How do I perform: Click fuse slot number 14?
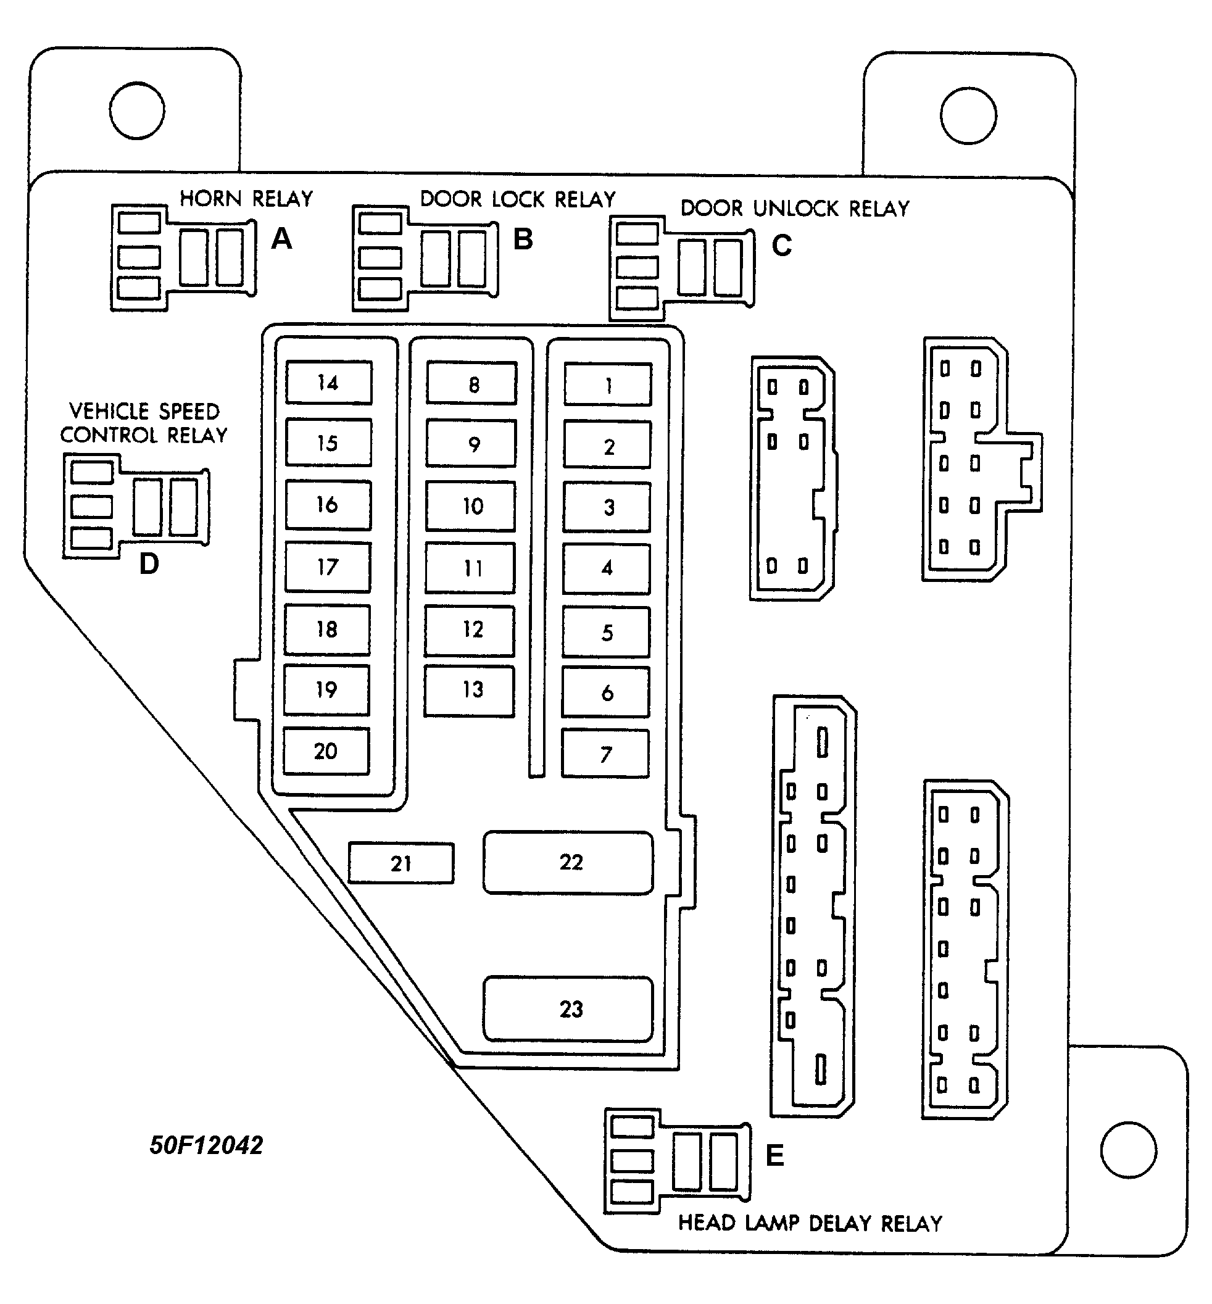click(328, 383)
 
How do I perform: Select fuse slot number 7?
click(605, 754)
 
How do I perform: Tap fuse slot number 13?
click(470, 690)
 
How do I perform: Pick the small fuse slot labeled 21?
click(401, 863)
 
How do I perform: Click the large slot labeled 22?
click(568, 863)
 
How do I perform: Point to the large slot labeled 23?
click(568, 1009)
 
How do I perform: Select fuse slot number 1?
click(608, 385)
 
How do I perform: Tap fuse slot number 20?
click(326, 751)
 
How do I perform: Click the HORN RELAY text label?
click(246, 199)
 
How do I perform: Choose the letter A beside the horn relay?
click(281, 239)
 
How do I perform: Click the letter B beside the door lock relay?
click(523, 239)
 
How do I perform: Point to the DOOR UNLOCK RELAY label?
click(795, 209)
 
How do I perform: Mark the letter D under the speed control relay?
click(149, 564)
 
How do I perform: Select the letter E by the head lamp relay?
click(774, 1155)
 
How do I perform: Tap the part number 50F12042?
click(206, 1145)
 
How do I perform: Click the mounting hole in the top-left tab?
click(137, 110)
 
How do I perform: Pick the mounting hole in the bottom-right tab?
click(1128, 1150)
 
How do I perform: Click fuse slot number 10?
click(471, 507)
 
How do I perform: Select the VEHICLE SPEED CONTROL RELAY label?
click(144, 423)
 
